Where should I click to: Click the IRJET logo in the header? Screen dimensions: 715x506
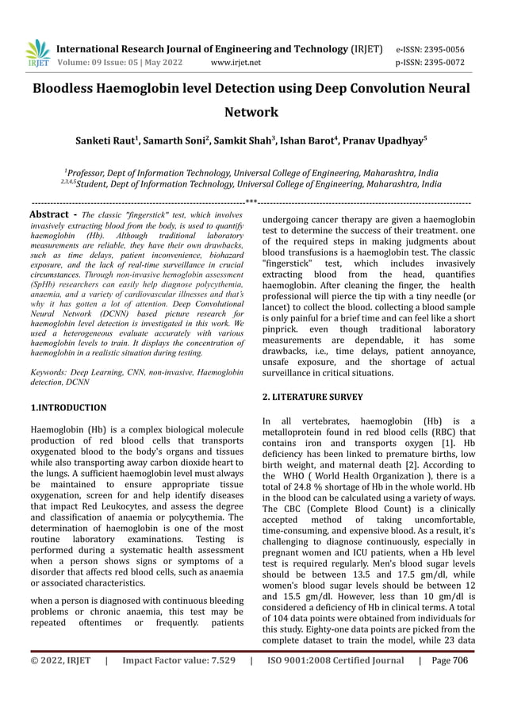pyautogui.click(x=36, y=53)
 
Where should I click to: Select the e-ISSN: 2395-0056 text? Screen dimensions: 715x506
pyautogui.click(x=431, y=48)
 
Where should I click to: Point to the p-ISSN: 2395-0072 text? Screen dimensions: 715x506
pyautogui.click(x=431, y=62)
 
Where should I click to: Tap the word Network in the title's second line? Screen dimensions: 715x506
pyautogui.click(x=252, y=113)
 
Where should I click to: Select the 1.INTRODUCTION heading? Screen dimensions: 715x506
pyautogui.click(x=67, y=407)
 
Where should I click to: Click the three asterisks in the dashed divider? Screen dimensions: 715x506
pyautogui.click(x=251, y=202)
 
